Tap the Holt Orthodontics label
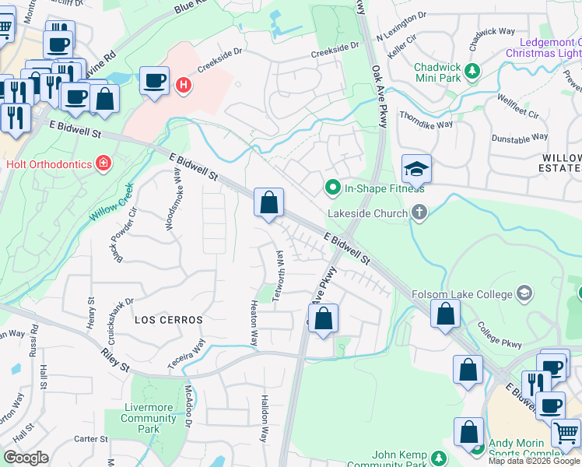tap(47, 163)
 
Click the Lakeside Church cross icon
tap(419, 212)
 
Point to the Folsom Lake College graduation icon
tap(524, 293)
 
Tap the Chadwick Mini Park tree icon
tap(472, 72)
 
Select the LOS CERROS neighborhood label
tap(168, 320)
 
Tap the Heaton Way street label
tap(254, 324)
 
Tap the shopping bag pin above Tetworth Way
tap(268, 203)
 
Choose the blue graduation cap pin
tap(416, 169)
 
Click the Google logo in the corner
tap(26, 458)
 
